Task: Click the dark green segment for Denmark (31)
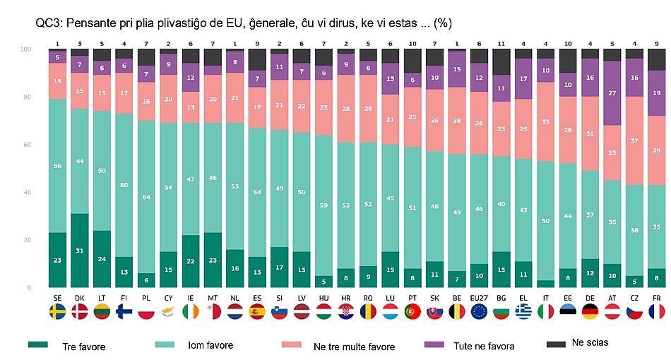[x=80, y=251]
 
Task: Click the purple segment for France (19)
[x=657, y=93]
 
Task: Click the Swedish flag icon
[x=58, y=311]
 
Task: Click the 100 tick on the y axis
[x=25, y=49]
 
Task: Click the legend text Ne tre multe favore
[x=352, y=346]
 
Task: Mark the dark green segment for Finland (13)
[x=124, y=272]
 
